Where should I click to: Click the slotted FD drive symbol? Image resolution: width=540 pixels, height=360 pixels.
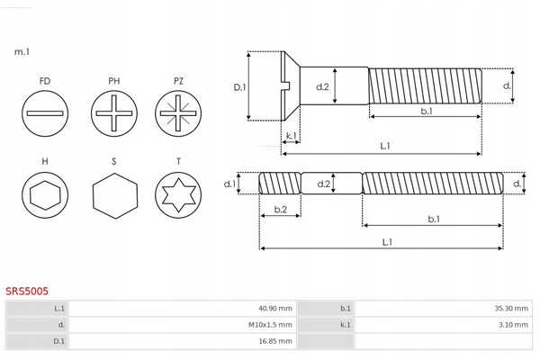[45, 114]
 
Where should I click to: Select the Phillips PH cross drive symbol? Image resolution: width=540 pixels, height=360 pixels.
[114, 114]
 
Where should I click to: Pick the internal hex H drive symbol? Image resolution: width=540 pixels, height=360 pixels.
[45, 194]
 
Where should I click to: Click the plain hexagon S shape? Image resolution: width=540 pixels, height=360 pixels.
[114, 194]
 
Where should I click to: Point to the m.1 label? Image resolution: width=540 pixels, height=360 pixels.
[22, 52]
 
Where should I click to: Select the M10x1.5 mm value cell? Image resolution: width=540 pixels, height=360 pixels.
[272, 325]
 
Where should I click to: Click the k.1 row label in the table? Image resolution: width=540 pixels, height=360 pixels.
[346, 325]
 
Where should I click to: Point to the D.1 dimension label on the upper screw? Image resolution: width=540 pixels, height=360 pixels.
[239, 87]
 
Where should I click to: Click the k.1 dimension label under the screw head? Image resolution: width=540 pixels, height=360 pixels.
[291, 137]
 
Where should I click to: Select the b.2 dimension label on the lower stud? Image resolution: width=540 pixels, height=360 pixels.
[280, 210]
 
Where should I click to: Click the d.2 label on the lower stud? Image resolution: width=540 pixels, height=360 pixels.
[325, 184]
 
